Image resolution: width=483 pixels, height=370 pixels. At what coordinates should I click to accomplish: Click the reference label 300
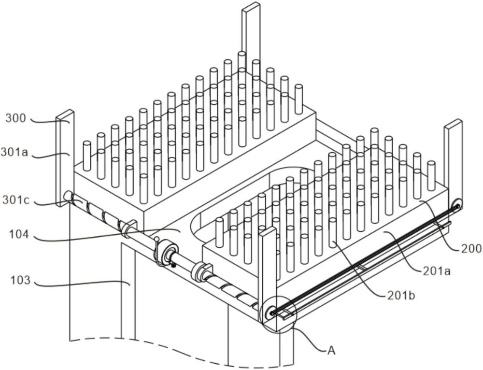coord(15,119)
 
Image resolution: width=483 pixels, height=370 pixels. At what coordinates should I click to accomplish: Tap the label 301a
coord(14,152)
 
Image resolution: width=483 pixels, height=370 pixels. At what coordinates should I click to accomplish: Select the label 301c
coord(16,200)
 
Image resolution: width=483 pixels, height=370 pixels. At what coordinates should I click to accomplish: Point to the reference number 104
coord(19,235)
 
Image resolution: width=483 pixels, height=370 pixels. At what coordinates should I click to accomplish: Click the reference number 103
coord(20,280)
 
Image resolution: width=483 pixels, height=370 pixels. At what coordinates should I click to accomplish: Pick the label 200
coord(471,248)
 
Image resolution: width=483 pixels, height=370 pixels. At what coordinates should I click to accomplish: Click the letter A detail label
coord(331,351)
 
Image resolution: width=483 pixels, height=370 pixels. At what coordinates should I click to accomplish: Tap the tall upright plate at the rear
coord(251,37)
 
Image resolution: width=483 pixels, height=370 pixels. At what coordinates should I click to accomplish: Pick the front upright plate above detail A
coord(268,269)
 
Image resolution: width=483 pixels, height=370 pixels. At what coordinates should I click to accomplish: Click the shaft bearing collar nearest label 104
coord(129,228)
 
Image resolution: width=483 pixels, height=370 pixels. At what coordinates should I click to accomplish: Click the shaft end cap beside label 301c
coord(68,196)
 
